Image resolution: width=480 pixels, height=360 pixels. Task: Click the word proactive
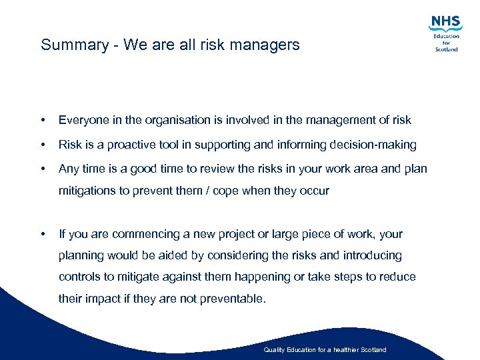point(127,145)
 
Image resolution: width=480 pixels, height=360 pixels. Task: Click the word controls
point(79,277)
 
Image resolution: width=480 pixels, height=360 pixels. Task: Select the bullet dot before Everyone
point(43,121)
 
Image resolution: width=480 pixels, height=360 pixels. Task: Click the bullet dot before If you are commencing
point(43,234)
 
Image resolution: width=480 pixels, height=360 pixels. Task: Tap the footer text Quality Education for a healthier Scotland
point(325,350)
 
